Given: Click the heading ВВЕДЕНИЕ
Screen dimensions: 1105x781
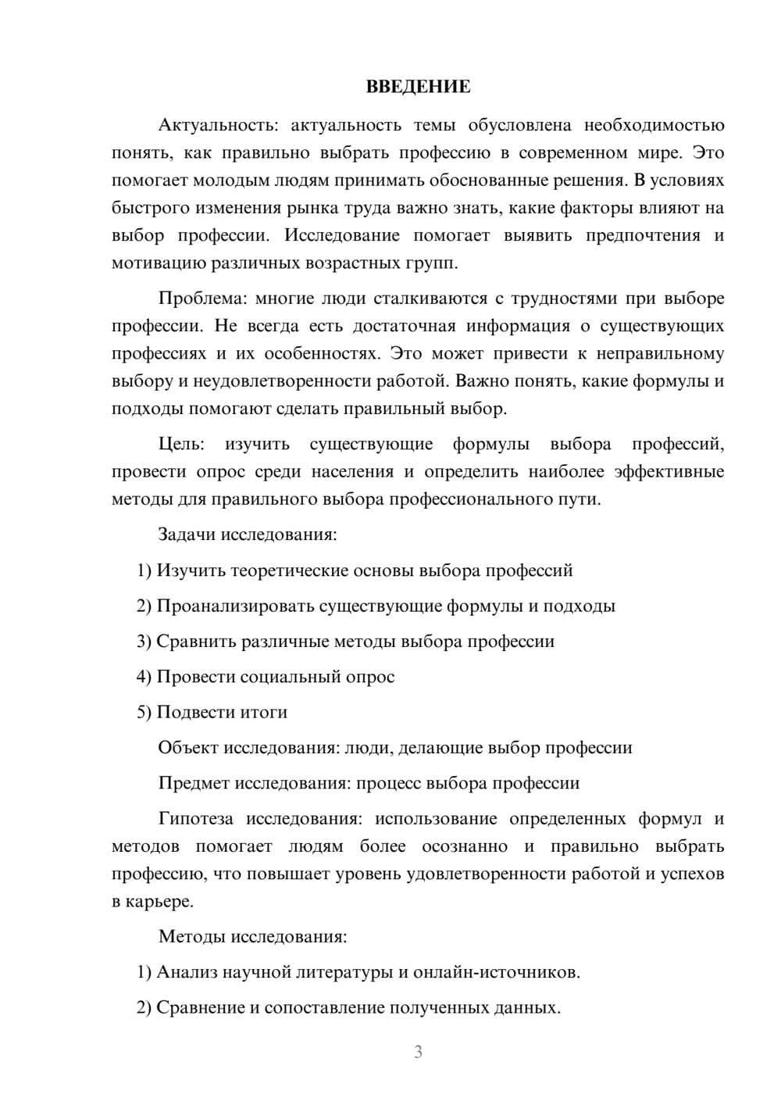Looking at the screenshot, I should pyautogui.click(x=418, y=87).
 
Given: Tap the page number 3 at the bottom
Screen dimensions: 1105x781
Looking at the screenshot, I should pyautogui.click(x=418, y=1052).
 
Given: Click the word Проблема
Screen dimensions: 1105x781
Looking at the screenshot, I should pyautogui.click(x=195, y=299).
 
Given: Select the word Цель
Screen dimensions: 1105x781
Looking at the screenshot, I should pyautogui.click(x=181, y=445).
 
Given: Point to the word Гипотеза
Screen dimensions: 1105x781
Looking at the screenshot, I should pyautogui.click(x=195, y=819).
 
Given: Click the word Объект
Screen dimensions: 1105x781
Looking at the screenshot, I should pyautogui.click(x=188, y=748).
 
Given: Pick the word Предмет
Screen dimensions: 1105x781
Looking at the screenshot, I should pyautogui.click(x=194, y=783).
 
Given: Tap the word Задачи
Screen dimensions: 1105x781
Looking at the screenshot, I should pyautogui.click(x=187, y=535).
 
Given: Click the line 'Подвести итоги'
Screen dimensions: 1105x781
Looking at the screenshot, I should pyautogui.click(x=222, y=712).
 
